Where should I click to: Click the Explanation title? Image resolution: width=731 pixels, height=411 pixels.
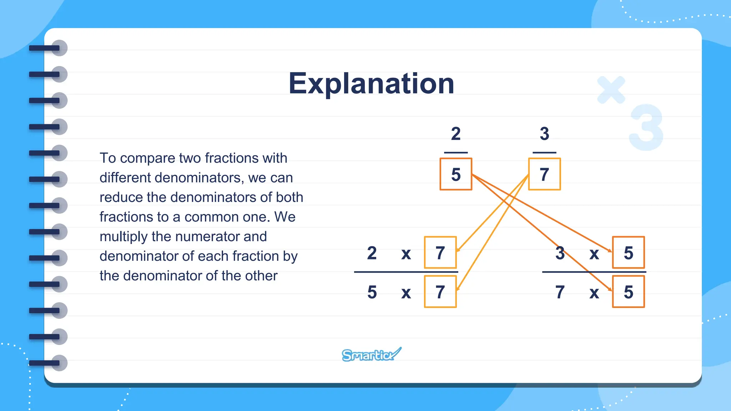371,84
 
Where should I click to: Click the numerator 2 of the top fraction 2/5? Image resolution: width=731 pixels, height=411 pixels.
456,134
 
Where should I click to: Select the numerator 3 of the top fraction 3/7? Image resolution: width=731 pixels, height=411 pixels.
544,134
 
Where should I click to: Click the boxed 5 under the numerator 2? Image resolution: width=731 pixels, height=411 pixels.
456,174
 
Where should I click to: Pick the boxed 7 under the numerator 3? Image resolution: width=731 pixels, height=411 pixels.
544,174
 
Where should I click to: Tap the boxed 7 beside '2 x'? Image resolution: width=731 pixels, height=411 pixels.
440,253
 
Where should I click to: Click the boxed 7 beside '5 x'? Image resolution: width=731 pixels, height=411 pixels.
440,292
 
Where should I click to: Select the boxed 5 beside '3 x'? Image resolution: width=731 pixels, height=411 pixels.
628,253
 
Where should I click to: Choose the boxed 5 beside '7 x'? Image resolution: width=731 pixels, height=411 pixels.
628,292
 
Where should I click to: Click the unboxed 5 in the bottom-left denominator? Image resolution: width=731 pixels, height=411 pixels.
372,292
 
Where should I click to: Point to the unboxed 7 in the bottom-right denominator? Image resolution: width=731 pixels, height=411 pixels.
560,292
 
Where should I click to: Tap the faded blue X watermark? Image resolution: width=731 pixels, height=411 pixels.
611,90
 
